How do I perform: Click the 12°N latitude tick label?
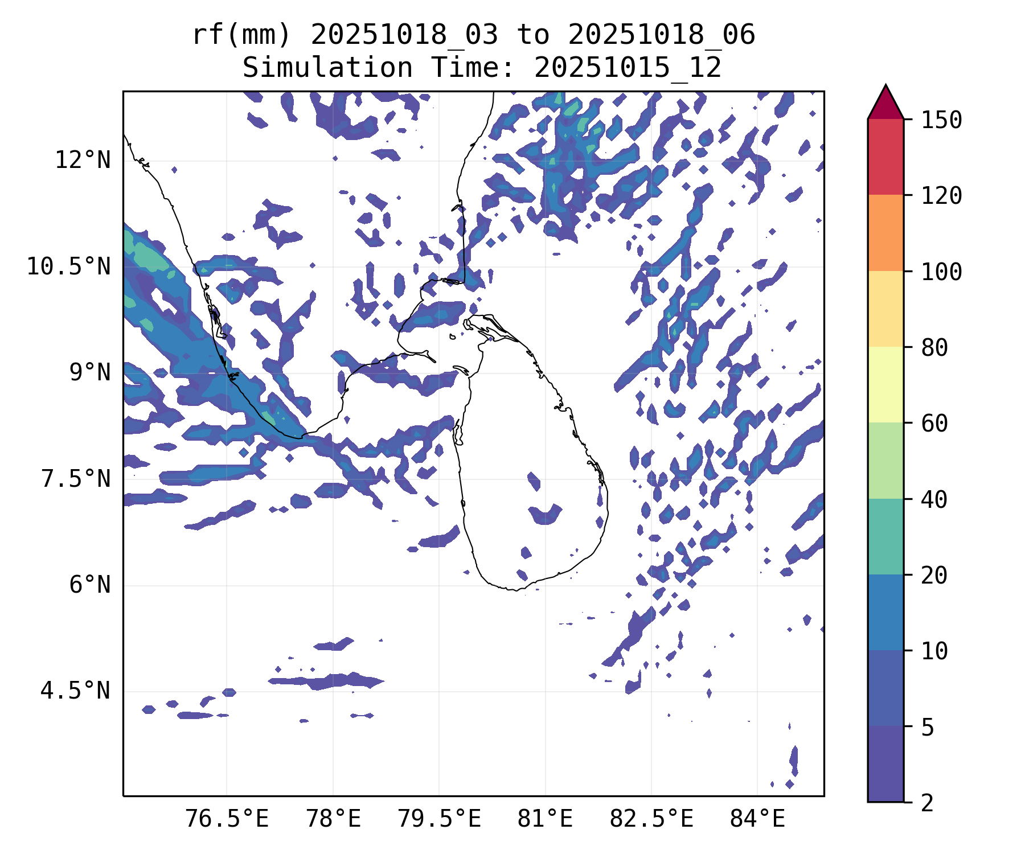[83, 161]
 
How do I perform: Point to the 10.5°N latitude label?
[69, 266]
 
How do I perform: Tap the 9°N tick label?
[90, 373]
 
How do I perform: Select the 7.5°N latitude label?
[76, 479]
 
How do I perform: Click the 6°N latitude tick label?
[90, 585]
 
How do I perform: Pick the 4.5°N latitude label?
[76, 691]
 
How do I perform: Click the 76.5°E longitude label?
[227, 819]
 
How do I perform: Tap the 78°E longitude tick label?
[333, 819]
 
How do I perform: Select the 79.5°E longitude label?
[439, 819]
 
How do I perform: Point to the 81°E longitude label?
[545, 819]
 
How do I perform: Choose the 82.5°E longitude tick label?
[651, 819]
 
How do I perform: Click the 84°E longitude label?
[757, 819]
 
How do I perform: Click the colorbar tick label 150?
[941, 120]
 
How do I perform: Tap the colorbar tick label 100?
[941, 272]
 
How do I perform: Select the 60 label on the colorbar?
[934, 424]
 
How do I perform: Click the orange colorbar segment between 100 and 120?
[885, 233]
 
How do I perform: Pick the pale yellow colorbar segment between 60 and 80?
[885, 384]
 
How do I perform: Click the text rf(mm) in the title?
[241, 35]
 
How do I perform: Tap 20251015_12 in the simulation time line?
[628, 68]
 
